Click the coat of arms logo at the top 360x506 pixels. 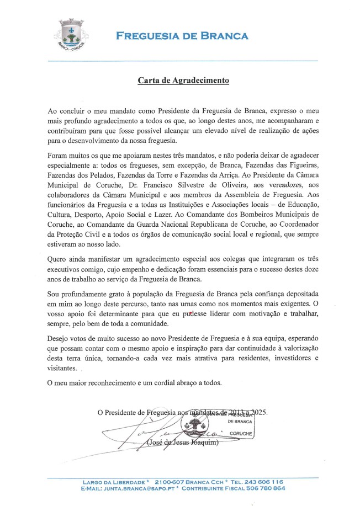pos(71,34)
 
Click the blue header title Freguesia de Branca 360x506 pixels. pos(182,36)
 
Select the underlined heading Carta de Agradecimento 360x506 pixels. pos(183,81)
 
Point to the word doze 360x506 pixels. pos(308,270)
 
